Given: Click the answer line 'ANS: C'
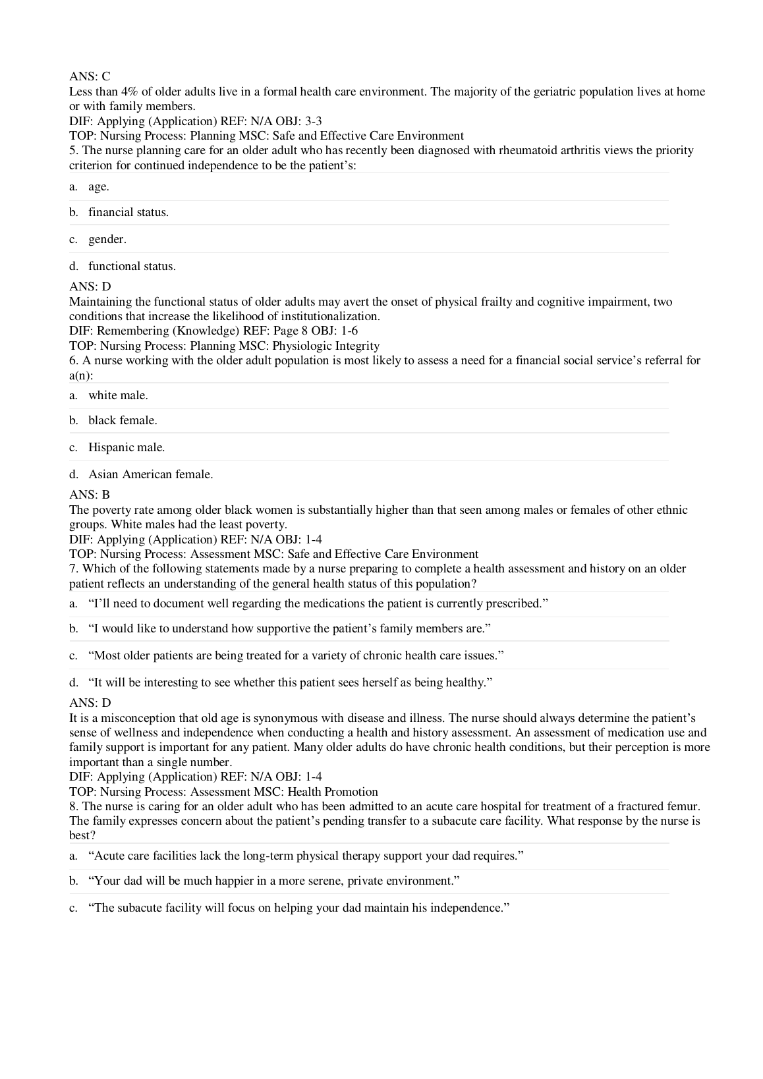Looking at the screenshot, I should pos(90,77).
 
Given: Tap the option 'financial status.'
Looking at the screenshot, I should pos(128,212).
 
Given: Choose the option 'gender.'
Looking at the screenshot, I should pos(107,239).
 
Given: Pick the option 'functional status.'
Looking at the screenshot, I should pos(132,266).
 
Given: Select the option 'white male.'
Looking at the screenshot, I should pos(118,395).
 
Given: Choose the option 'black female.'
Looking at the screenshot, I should pos(123,420).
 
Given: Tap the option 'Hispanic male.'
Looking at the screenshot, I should pos(127,447).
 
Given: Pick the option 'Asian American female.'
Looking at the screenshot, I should pos(150,474).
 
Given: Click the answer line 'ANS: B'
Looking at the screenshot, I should pos(90,495).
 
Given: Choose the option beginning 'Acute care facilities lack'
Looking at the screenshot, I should pos(306,856).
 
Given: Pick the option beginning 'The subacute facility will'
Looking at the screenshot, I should pos(299,908).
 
